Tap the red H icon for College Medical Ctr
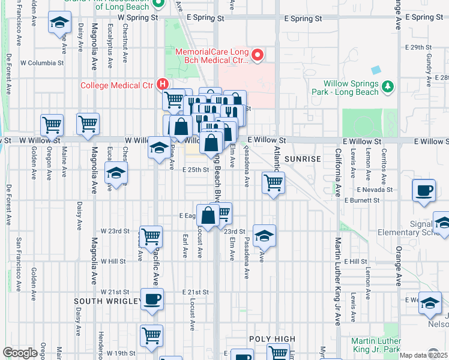pyautogui.click(x=161, y=84)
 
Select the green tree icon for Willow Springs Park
pyautogui.click(x=388, y=87)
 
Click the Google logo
pyautogui.click(x=20, y=353)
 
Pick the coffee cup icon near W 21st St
pyautogui.click(x=152, y=299)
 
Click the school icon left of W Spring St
pyautogui.click(x=59, y=23)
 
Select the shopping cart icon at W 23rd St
pyautogui.click(x=151, y=236)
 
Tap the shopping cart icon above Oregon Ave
pyautogui.click(x=52, y=125)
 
